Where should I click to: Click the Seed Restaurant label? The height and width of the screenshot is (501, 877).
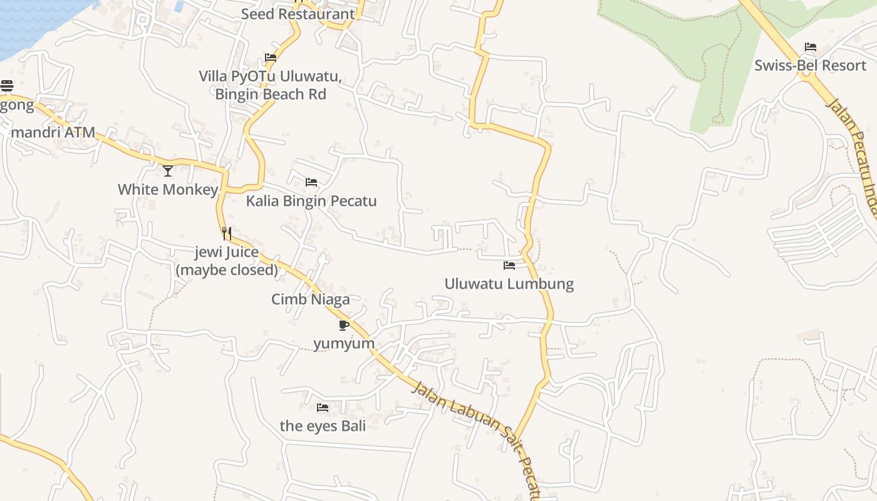(x=298, y=14)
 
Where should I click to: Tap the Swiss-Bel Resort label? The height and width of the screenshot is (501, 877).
(x=810, y=65)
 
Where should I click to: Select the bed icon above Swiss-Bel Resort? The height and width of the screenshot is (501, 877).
(x=810, y=47)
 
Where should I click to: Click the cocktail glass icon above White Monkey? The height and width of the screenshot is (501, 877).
(x=168, y=170)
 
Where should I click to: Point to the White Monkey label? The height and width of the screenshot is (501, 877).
(x=168, y=189)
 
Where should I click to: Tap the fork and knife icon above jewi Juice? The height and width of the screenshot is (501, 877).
(x=227, y=234)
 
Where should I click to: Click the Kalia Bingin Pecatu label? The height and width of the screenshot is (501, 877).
(x=311, y=201)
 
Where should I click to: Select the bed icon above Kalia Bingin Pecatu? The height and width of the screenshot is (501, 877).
(x=311, y=182)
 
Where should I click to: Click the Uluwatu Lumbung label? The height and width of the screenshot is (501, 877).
(x=509, y=284)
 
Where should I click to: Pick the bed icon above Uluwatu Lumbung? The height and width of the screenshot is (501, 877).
(x=509, y=266)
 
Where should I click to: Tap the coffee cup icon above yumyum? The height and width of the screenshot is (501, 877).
(x=343, y=325)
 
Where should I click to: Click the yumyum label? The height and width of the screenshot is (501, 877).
(x=344, y=343)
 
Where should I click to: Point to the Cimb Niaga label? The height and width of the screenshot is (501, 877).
(x=311, y=299)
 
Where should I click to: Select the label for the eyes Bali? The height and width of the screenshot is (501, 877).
(x=323, y=426)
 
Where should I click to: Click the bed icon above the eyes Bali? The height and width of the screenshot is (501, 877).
(x=323, y=408)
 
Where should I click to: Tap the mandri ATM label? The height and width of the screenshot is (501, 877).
(x=53, y=132)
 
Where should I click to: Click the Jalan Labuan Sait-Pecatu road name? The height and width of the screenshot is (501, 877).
(x=476, y=432)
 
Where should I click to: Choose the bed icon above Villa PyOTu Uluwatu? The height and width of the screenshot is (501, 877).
(x=271, y=58)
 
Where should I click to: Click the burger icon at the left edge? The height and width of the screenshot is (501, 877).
(x=7, y=86)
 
